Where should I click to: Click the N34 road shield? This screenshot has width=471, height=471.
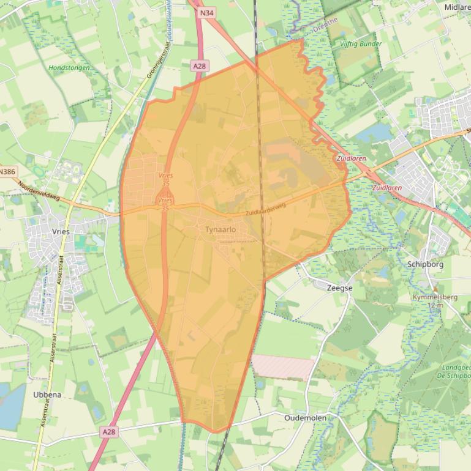[x=207, y=12]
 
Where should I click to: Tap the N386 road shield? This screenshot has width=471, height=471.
[x=7, y=172]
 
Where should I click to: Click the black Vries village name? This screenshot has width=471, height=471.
[x=62, y=232]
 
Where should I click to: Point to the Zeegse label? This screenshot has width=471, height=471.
[x=339, y=287]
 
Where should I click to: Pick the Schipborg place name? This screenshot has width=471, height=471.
[x=425, y=264]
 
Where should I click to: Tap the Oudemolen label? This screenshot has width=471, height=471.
[x=305, y=418]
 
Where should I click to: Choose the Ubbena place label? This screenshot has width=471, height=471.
[x=47, y=395]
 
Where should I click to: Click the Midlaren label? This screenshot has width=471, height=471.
[x=458, y=7]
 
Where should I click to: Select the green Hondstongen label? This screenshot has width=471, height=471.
[x=69, y=68]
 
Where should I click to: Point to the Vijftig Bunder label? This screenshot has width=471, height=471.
[x=361, y=44]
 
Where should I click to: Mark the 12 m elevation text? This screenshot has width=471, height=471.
[x=435, y=305]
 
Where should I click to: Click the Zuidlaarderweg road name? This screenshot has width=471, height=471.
[x=265, y=210]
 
